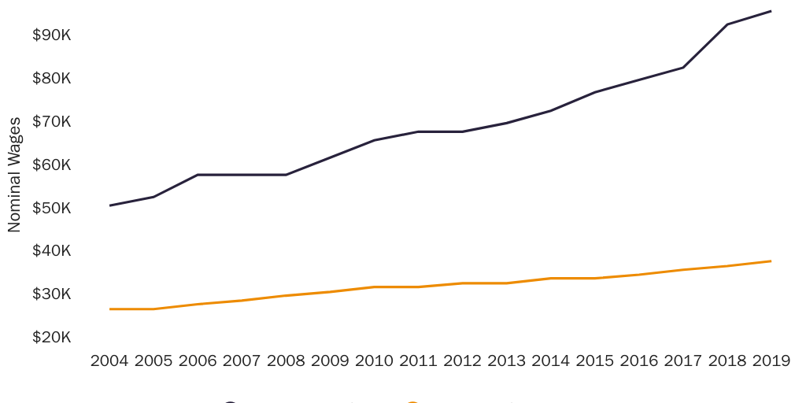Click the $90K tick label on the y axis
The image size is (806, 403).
51,35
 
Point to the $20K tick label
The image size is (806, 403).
51,338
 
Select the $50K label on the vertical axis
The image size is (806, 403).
51,209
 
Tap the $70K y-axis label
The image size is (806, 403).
51,122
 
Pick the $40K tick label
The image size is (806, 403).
51,251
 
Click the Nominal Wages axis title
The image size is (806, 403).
14,175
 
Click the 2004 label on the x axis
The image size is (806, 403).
109,361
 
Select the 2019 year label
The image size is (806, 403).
771,361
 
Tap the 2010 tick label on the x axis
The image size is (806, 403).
374,361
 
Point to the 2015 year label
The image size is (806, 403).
595,361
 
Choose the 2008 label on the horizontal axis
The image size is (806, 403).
286,361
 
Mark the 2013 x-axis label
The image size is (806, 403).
507,361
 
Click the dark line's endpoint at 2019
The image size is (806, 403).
771,11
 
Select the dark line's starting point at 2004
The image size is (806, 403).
109,205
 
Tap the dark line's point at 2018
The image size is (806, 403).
727,24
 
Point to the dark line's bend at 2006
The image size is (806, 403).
198,175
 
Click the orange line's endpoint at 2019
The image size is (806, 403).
771,261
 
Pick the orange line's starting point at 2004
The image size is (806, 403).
109,309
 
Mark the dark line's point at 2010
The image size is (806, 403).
374,140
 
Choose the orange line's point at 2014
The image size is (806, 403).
551,278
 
